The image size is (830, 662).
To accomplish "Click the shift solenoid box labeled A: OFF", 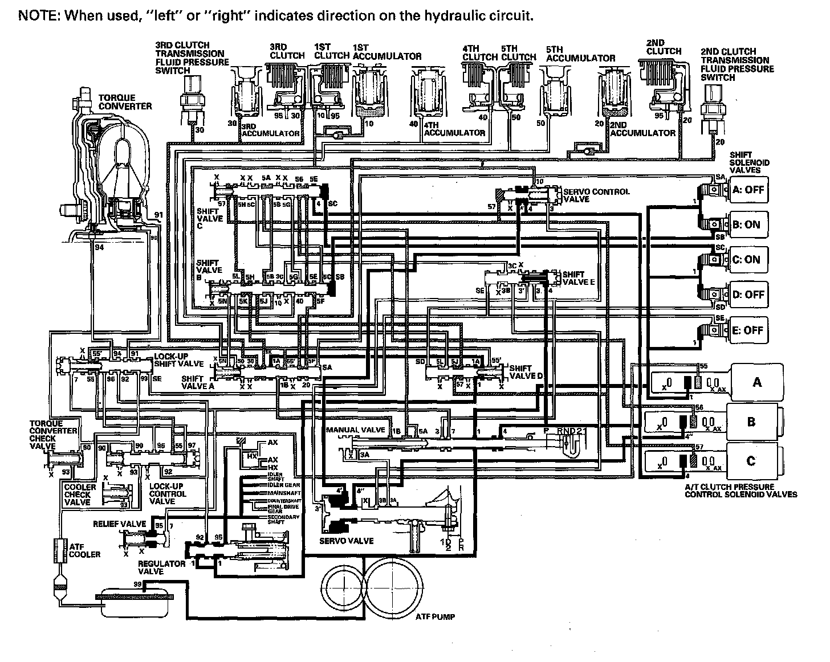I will (x=749, y=190).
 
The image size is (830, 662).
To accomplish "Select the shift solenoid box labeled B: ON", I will (x=749, y=224).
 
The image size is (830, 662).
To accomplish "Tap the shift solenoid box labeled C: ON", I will (x=749, y=259).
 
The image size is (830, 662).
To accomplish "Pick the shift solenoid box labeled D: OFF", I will (x=749, y=295).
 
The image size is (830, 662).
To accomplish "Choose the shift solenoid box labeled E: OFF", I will (x=749, y=330).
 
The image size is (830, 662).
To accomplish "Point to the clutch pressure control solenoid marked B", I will (x=752, y=422).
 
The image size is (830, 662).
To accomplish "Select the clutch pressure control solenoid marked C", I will (x=752, y=460).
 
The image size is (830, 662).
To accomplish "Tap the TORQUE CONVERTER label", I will (x=125, y=102).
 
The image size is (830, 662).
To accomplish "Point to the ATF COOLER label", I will (x=84, y=550).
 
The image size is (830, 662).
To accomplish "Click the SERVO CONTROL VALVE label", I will (x=596, y=195).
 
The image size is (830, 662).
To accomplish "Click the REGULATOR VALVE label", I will (x=162, y=567).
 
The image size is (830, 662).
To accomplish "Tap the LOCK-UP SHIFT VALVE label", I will (x=178, y=361).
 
